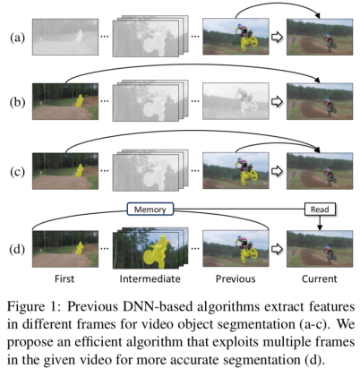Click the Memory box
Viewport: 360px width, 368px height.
[x=150, y=210]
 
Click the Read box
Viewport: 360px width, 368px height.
[x=320, y=210]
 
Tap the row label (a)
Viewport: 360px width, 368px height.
[x=18, y=38]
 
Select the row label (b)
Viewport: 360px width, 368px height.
[x=18, y=102]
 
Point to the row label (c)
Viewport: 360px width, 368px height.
[x=18, y=172]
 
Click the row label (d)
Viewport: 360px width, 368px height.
[x=18, y=249]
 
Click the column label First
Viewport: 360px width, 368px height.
[x=64, y=278]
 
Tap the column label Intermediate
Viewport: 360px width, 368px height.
[x=150, y=278]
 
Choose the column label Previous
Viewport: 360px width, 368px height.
[x=236, y=278]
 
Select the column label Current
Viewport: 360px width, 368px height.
[x=320, y=278]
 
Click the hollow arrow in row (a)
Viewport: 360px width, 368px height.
[x=277, y=38]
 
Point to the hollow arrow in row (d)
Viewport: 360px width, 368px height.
[x=277, y=249]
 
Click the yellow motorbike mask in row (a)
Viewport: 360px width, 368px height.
[x=249, y=42]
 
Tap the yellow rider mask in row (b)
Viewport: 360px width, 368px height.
[x=79, y=101]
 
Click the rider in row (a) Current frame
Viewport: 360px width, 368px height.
[x=330, y=43]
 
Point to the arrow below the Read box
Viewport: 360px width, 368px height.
[x=320, y=223]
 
